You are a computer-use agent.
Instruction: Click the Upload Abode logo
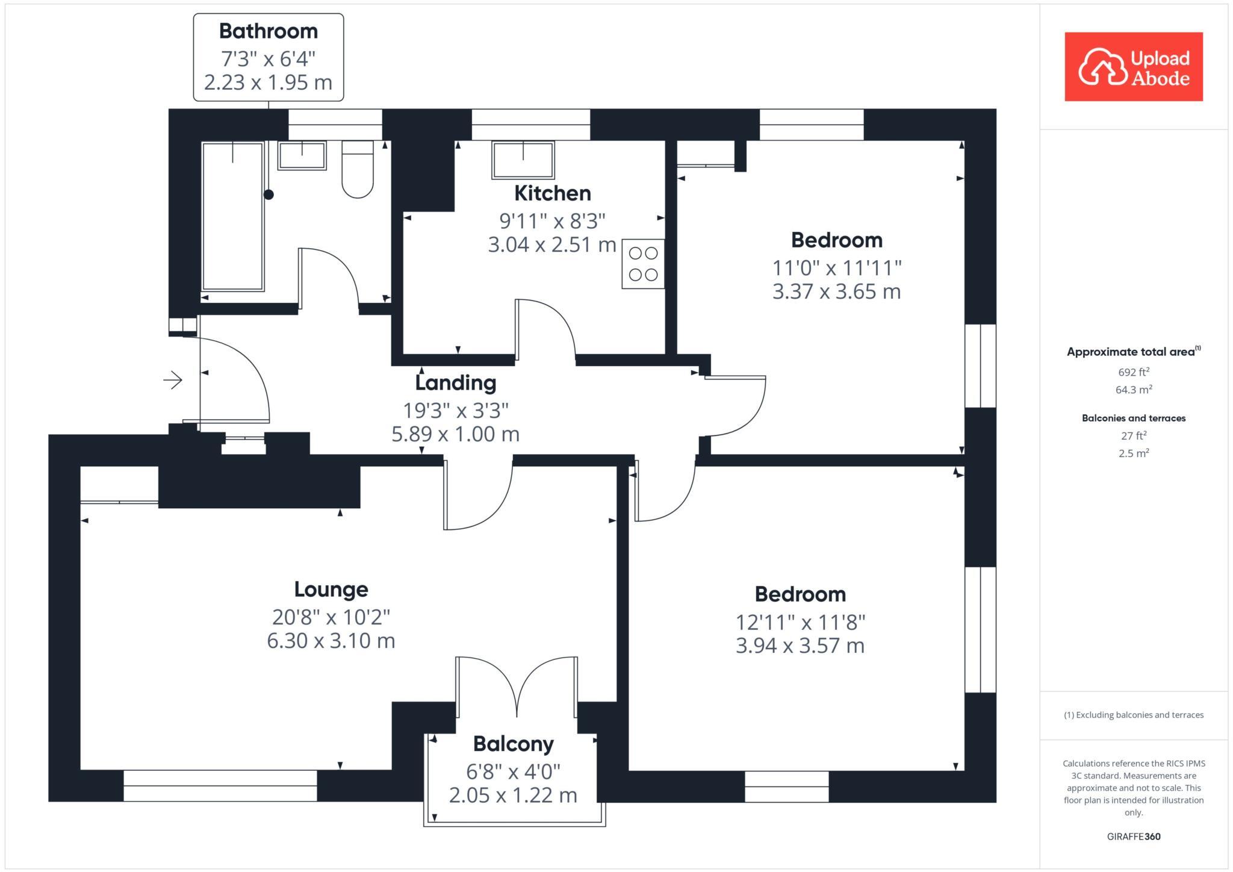(1133, 67)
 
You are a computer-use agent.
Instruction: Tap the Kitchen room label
(552, 193)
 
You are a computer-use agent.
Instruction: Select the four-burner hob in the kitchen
(643, 264)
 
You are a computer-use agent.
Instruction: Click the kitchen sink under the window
(523, 160)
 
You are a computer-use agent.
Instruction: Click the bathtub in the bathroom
(232, 217)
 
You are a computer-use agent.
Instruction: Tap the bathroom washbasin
(302, 155)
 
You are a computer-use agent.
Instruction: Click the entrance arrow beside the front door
(173, 380)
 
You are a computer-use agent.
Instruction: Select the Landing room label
(456, 382)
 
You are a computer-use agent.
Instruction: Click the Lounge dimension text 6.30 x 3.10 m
(331, 641)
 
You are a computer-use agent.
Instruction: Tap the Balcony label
(513, 744)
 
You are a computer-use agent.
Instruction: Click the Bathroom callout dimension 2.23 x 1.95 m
(268, 83)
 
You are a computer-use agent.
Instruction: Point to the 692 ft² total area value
(1134, 372)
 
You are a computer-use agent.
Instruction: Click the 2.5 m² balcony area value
(1134, 453)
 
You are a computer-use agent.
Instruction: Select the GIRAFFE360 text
(1134, 836)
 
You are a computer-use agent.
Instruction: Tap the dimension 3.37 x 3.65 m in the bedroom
(836, 292)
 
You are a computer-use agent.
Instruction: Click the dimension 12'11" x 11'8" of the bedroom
(800, 622)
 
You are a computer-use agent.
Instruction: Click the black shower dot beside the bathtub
(269, 195)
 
